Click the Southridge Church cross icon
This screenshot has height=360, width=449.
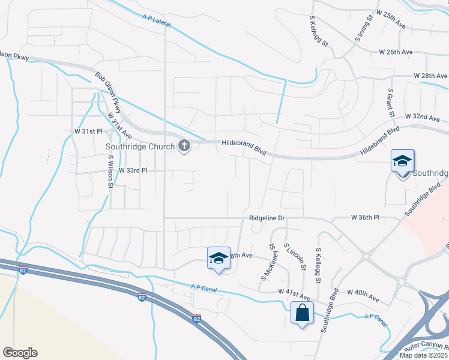point(184,146)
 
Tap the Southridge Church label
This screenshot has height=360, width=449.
point(139,146)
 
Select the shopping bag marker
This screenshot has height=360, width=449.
point(301,312)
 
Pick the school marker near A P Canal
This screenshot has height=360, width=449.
point(218,258)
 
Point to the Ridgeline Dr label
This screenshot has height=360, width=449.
point(267,218)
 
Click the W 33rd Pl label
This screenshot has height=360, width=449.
point(133,170)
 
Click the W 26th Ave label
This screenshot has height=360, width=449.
point(396,52)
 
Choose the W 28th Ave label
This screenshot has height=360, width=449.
point(430,76)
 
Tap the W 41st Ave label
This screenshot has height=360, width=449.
point(294,291)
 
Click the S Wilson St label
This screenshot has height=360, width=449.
point(110,172)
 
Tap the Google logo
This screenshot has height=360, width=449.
point(20,353)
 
